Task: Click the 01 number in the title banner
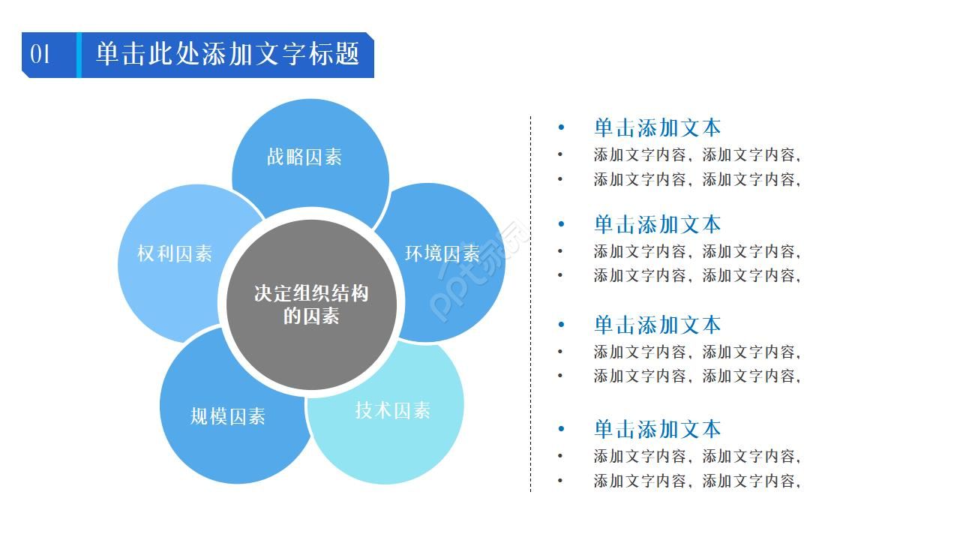tap(40, 55)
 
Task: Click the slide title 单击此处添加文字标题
tap(228, 54)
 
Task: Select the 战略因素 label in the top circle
tap(304, 157)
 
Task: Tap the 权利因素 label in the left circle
tap(175, 253)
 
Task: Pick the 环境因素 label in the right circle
tap(442, 253)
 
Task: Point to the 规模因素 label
tap(228, 416)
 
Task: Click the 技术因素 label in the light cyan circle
tap(392, 410)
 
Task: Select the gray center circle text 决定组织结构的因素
tap(311, 304)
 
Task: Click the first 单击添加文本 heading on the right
tap(657, 127)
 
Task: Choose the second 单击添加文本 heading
tap(657, 223)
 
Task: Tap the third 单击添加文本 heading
tap(657, 325)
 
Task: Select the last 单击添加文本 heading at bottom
tap(657, 429)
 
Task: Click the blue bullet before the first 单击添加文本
tap(560, 128)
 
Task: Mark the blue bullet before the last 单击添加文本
tap(560, 430)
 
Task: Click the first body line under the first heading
tap(697, 155)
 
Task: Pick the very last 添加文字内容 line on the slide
tap(697, 481)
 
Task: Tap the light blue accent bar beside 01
tap(78, 55)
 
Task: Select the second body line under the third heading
tap(697, 376)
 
